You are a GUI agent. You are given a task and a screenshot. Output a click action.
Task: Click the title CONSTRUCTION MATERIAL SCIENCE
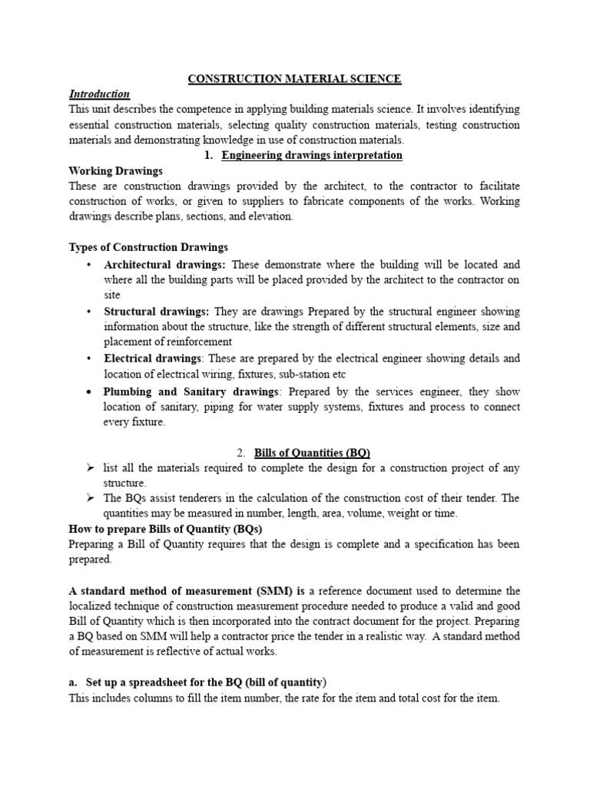(x=295, y=78)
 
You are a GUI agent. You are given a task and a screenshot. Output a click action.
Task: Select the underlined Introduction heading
(x=99, y=94)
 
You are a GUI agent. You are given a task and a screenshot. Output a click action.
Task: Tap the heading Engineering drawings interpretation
(x=311, y=155)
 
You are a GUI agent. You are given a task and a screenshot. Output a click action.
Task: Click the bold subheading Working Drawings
(x=115, y=170)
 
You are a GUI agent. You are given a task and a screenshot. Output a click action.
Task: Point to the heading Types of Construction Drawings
(x=148, y=247)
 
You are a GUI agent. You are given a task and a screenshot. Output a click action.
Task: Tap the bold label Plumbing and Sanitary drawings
(x=192, y=391)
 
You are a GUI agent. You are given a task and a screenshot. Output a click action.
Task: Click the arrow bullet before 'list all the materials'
(x=90, y=468)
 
